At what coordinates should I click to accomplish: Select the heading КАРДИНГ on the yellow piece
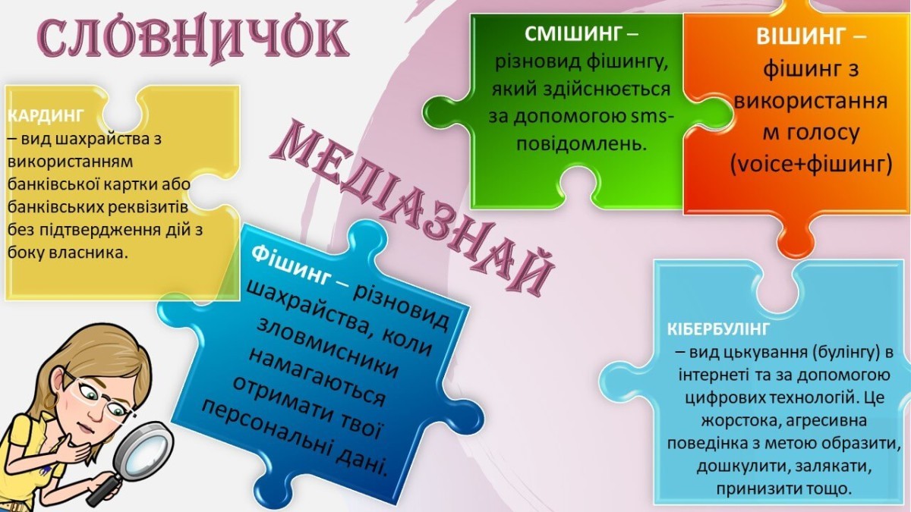45,116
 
